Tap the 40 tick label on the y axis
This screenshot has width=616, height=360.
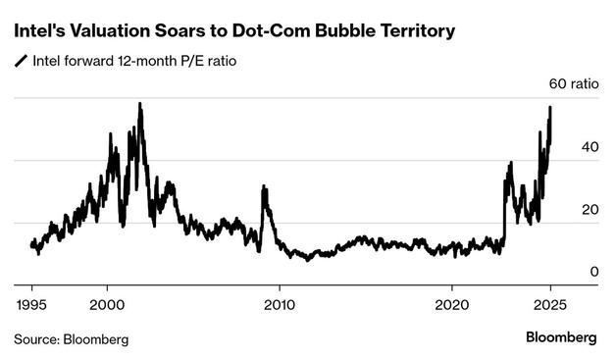click(562, 146)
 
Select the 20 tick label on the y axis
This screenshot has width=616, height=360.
click(562, 209)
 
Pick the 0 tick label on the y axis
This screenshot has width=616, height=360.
click(566, 271)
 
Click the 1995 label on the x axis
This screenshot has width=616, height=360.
click(32, 303)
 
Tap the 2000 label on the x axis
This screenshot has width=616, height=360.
click(107, 303)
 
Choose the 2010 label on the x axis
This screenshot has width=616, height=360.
click(280, 303)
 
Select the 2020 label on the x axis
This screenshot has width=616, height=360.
click(452, 303)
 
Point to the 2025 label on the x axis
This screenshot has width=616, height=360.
click(551, 303)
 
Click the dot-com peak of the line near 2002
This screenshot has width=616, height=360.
click(140, 104)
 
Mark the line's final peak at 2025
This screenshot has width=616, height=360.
click(550, 108)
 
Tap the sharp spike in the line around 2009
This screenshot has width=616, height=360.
click(263, 186)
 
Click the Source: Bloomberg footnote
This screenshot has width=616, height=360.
click(71, 338)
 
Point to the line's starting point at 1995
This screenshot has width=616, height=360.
click(31, 243)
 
